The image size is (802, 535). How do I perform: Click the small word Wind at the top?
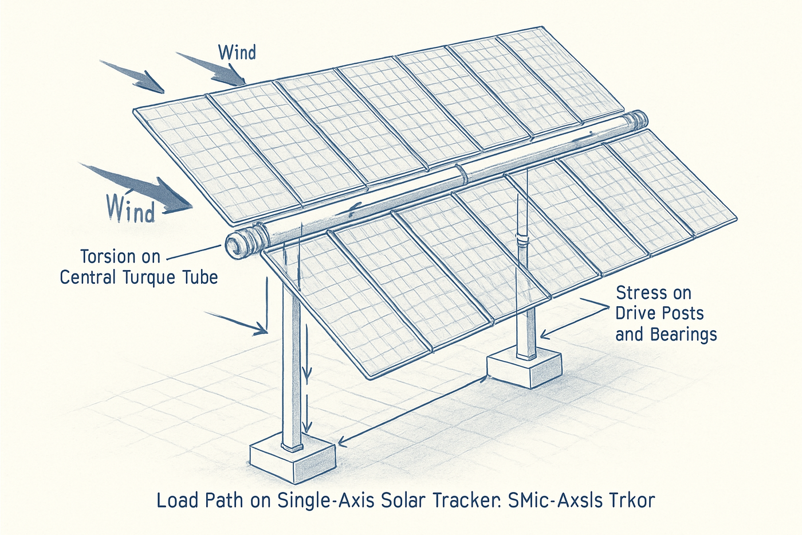[x=237, y=53]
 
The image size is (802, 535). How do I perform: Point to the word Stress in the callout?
[x=642, y=293]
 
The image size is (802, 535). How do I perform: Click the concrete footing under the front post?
[x=292, y=459]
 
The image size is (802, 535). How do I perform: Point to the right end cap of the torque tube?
[x=638, y=121]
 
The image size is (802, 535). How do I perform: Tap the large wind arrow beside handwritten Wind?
[x=143, y=186]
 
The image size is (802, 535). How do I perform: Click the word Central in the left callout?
[x=89, y=278]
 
